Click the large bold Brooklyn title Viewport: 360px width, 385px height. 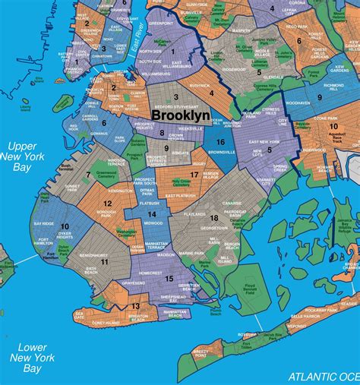(182, 115)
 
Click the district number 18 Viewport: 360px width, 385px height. (215, 218)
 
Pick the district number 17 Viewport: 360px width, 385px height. (194, 175)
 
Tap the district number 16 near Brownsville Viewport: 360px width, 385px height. (219, 142)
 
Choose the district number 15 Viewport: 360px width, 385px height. (169, 279)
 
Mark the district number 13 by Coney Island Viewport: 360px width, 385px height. (135, 306)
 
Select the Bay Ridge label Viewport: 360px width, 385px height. (44, 224)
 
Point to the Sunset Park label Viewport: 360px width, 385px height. (71, 185)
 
